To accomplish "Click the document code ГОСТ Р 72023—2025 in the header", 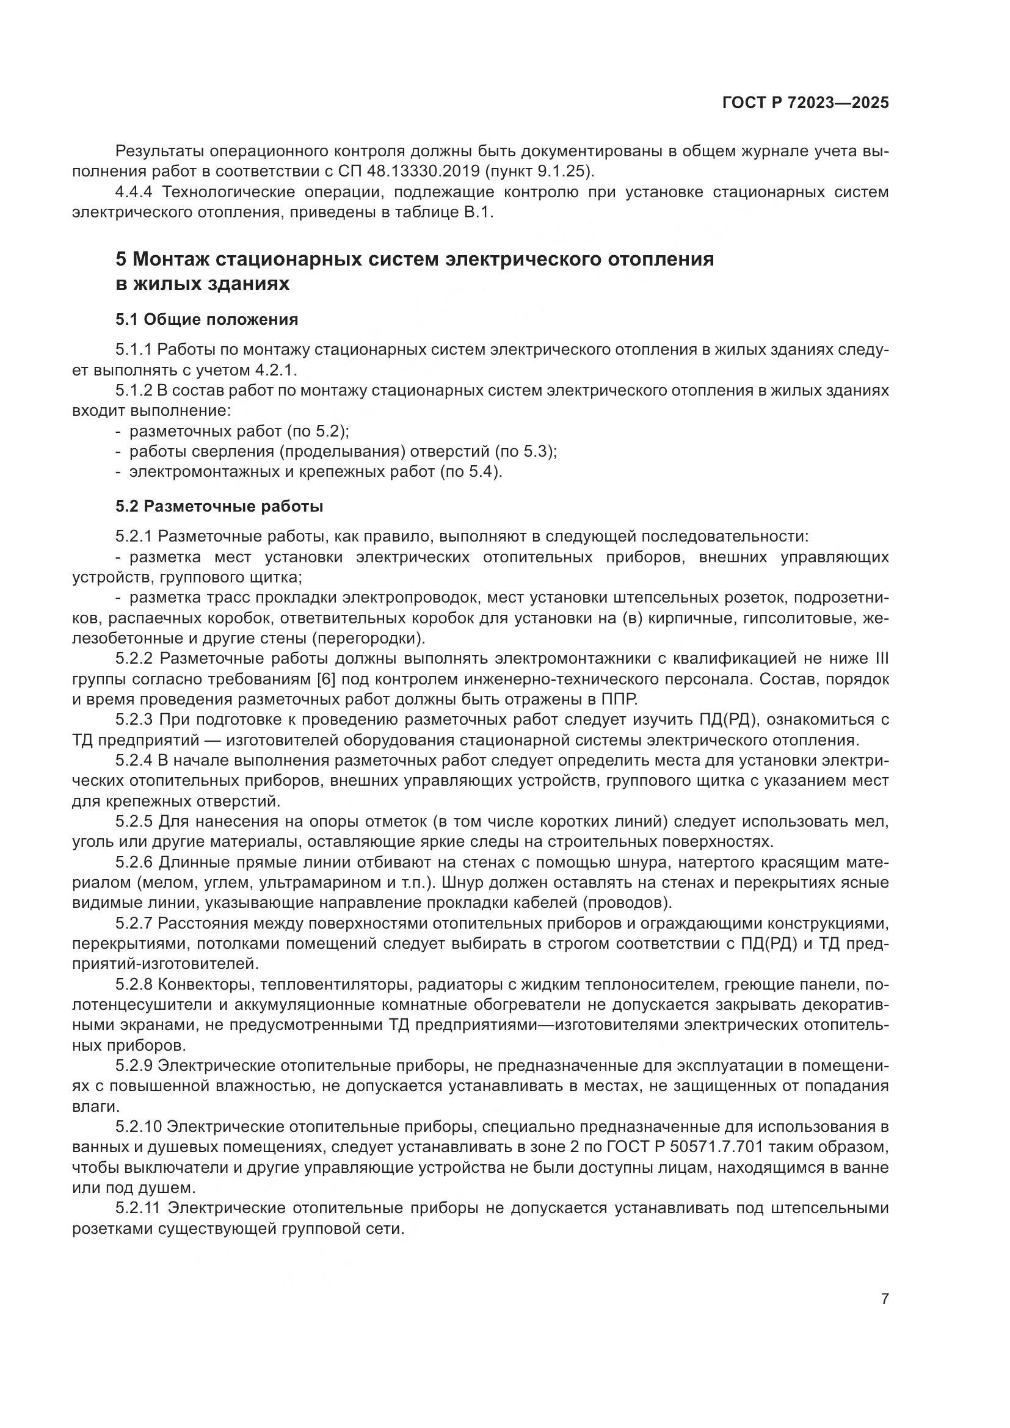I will point(805,103).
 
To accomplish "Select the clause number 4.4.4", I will point(136,192).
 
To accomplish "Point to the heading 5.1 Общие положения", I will point(206,320).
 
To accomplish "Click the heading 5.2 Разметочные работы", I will point(219,506).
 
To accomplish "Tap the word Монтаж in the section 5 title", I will point(173,259).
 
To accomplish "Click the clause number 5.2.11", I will point(138,1208).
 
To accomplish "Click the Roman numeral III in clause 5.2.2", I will point(881,659).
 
